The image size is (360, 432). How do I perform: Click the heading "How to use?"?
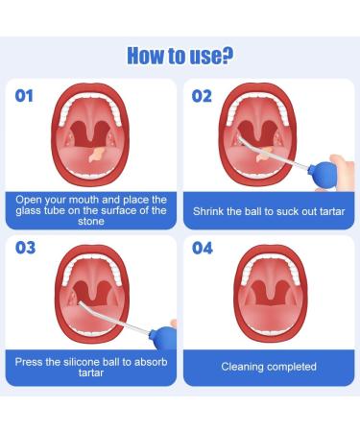pos(180,55)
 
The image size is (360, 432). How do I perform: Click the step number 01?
pos(26,95)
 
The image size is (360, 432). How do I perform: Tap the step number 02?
pos(201,95)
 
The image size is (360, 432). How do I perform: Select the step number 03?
pos(26,249)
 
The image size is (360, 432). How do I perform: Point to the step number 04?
pos(202,249)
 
